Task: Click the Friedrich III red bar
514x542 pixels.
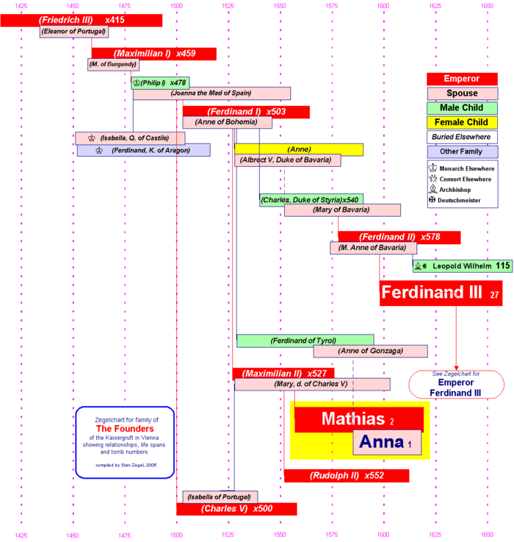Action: (x=81, y=20)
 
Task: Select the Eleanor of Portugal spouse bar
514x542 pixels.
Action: (x=74, y=32)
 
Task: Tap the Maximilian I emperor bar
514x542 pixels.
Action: (x=153, y=54)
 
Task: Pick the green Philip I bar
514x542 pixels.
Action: (x=160, y=82)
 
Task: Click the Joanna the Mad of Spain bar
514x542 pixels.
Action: (x=211, y=93)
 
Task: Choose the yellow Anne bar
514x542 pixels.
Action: (x=299, y=149)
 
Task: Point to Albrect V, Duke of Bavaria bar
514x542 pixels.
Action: (x=287, y=160)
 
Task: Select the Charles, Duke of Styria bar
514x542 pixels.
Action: (x=311, y=199)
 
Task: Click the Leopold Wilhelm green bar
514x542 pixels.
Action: (x=462, y=265)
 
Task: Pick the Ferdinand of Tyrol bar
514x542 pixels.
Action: (x=305, y=340)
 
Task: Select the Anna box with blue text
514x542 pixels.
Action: (x=387, y=443)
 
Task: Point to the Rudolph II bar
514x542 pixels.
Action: (x=346, y=476)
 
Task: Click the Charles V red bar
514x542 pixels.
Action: (x=236, y=509)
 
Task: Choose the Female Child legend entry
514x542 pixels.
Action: (x=462, y=122)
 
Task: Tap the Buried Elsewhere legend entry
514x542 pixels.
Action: (x=462, y=137)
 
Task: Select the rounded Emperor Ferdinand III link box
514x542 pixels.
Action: (x=456, y=384)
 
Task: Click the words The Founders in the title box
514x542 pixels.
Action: (x=125, y=429)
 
